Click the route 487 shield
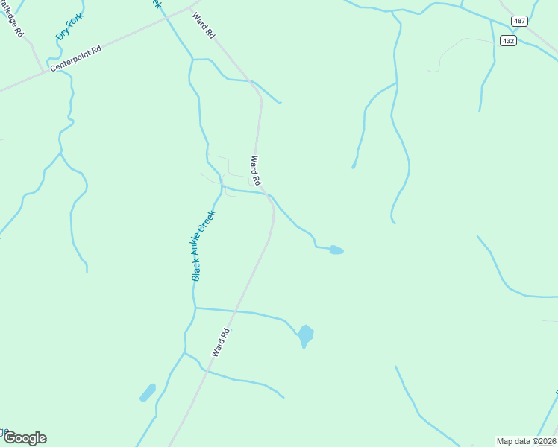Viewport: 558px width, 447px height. tap(519, 21)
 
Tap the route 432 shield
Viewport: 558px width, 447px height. tap(508, 41)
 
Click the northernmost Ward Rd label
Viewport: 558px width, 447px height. tap(203, 25)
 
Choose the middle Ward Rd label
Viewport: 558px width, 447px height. tap(256, 171)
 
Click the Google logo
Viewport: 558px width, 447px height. tap(25, 438)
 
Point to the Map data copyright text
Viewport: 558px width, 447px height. tap(526, 440)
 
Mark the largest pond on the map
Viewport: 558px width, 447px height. tap(305, 335)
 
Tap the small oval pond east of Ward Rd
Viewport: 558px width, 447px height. tap(336, 250)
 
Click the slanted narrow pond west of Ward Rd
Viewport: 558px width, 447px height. tap(148, 393)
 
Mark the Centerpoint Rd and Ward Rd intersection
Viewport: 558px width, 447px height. tap(191, 9)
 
